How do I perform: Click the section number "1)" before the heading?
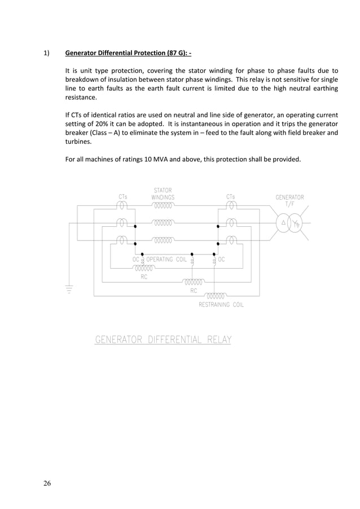[x=47, y=54]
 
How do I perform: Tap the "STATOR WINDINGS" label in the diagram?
[x=163, y=194]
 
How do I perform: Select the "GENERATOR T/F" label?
[x=289, y=200]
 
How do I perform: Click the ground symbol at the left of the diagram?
[x=69, y=289]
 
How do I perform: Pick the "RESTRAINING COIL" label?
[x=221, y=305]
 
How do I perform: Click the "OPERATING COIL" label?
[x=166, y=260]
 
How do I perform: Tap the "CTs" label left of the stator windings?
[x=122, y=196]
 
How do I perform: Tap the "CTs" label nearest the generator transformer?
[x=231, y=196]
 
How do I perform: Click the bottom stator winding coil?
[x=163, y=240]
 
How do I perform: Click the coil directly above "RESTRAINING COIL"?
[x=215, y=295]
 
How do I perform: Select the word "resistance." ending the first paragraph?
[x=81, y=98]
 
